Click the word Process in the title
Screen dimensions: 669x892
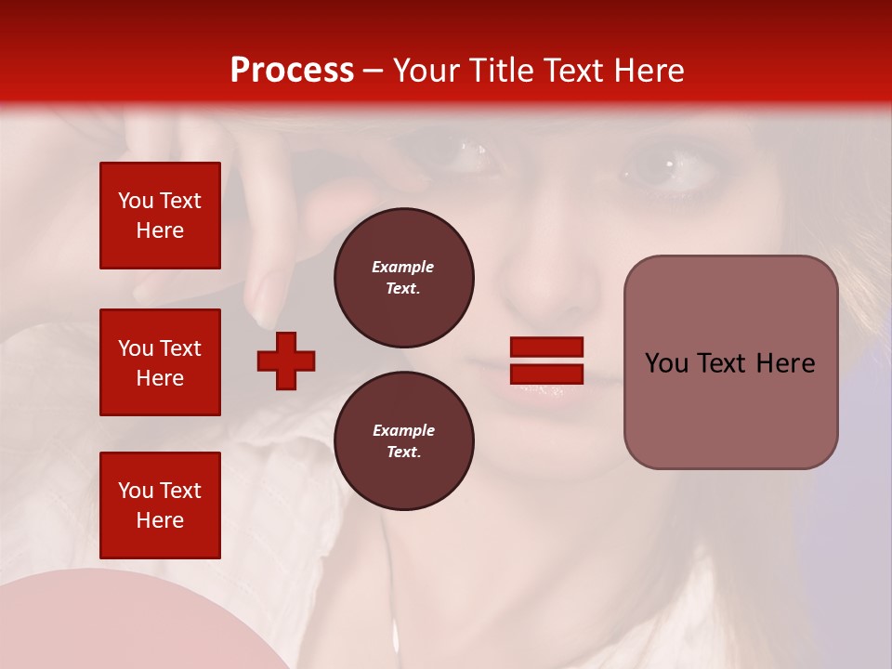pyautogui.click(x=292, y=71)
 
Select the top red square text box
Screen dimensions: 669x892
pyautogui.click(x=160, y=216)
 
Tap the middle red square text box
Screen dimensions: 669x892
pyautogui.click(x=160, y=362)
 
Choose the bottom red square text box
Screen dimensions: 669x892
pyautogui.click(x=160, y=505)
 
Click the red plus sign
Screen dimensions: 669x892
pyautogui.click(x=286, y=361)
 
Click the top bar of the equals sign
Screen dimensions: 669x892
pyautogui.click(x=546, y=348)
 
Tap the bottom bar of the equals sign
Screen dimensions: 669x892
pyautogui.click(x=546, y=374)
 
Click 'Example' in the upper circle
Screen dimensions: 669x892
pyautogui.click(x=403, y=267)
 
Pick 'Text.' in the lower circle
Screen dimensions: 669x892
pyautogui.click(x=403, y=453)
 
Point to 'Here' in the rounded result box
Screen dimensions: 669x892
pyautogui.click(x=786, y=363)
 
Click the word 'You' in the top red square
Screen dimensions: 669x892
pyautogui.click(x=135, y=201)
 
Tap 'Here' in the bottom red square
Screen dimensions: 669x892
pyautogui.click(x=160, y=520)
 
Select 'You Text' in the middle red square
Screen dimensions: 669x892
pyautogui.click(x=160, y=348)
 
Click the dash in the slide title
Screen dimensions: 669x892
pyautogui.click(x=374, y=71)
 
